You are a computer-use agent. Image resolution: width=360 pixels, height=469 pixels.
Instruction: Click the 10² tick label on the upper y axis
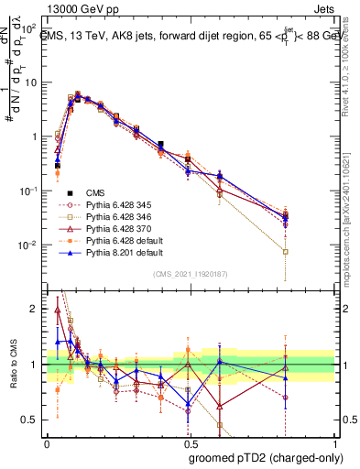27,28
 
